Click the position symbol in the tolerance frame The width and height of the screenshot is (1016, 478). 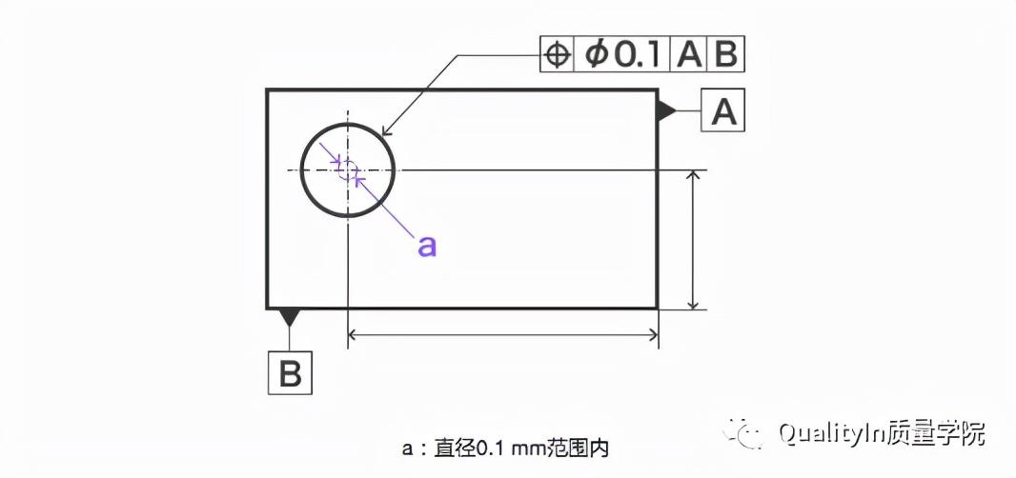point(556,55)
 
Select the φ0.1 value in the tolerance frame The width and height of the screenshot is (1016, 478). point(622,55)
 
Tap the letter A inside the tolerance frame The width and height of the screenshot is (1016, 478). point(688,55)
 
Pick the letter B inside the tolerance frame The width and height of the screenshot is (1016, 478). point(725,55)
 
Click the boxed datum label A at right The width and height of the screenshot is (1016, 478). point(724,112)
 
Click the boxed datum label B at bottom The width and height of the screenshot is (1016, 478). point(290,373)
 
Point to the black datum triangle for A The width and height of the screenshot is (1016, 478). point(665,111)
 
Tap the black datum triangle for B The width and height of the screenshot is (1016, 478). point(290,315)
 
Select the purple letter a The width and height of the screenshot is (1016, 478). point(427,246)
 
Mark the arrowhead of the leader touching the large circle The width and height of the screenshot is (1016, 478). point(385,136)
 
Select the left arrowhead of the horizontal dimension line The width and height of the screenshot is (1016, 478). point(356,334)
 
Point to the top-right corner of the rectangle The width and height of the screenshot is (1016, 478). point(657,90)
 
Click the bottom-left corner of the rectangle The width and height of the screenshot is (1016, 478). point(268,308)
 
